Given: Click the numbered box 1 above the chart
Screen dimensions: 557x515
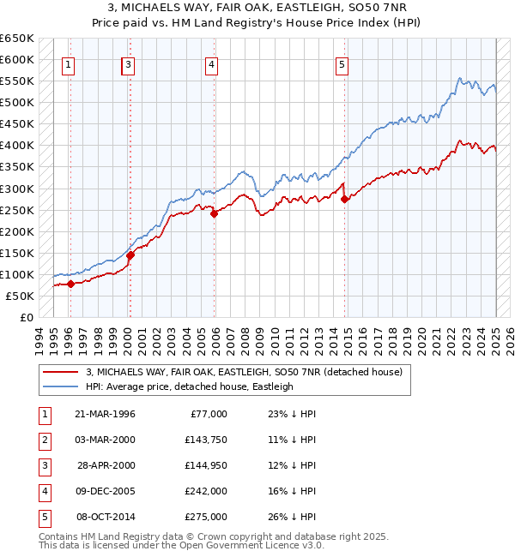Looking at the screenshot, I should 68,63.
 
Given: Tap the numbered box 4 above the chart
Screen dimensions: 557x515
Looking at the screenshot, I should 211,63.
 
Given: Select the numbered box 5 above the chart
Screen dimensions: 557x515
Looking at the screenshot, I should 342,63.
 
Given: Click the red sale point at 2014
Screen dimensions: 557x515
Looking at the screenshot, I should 345,199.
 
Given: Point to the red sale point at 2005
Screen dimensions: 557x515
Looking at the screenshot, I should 215,214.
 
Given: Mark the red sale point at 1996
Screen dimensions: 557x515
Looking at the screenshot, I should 70,284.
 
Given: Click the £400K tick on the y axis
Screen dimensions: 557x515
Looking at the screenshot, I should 17,145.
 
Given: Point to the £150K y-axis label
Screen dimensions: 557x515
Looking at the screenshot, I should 17,253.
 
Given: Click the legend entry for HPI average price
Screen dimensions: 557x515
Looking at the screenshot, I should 190,386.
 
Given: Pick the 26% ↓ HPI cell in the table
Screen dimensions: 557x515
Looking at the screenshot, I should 290,517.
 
